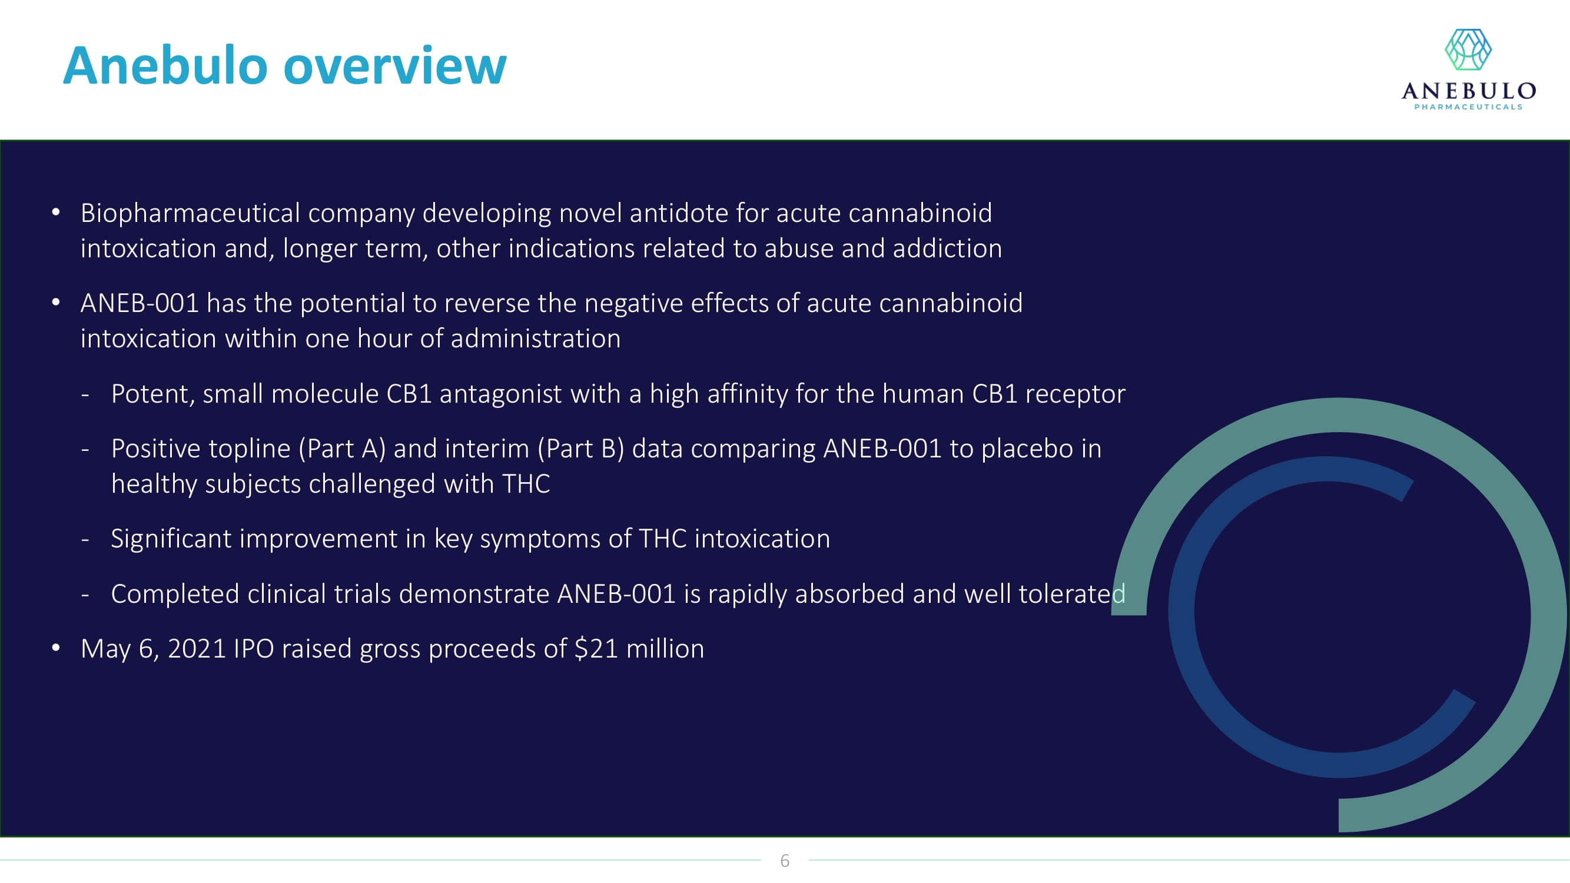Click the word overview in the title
[x=395, y=66]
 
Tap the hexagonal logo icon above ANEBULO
[x=1468, y=49]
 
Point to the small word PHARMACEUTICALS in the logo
[x=1468, y=107]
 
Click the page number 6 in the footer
[x=785, y=861]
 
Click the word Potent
[x=153, y=394]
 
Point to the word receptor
[x=1075, y=395]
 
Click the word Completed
[x=175, y=595]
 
